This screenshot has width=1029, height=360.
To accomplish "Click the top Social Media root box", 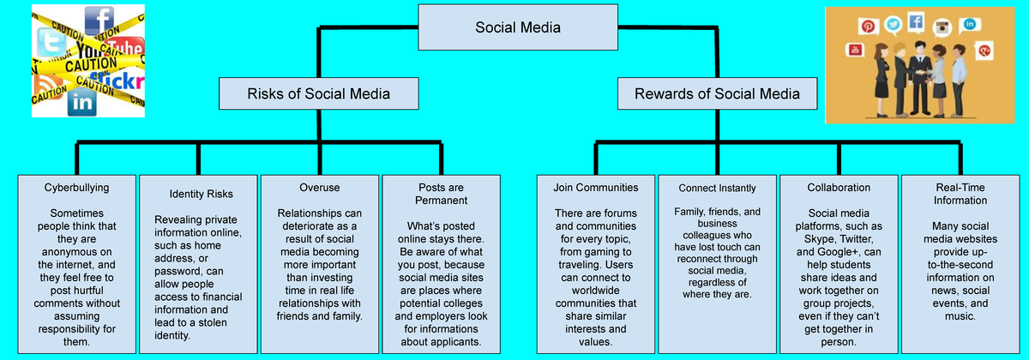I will [x=518, y=28].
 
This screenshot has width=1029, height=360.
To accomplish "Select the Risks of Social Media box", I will [x=306, y=93].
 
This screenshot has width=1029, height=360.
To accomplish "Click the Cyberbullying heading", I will [x=77, y=187].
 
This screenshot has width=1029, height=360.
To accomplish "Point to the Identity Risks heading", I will [x=201, y=194].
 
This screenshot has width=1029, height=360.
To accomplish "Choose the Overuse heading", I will [x=320, y=187].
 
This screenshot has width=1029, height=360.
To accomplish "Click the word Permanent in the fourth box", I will [x=442, y=200].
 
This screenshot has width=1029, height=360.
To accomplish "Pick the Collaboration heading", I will [x=839, y=187].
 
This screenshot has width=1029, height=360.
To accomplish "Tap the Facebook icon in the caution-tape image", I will [x=99, y=20].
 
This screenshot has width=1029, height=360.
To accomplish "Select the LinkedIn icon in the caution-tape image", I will [x=83, y=103].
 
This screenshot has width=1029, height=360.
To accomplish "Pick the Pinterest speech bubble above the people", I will [x=868, y=27].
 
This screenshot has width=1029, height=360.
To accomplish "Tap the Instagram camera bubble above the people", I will [x=944, y=27].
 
